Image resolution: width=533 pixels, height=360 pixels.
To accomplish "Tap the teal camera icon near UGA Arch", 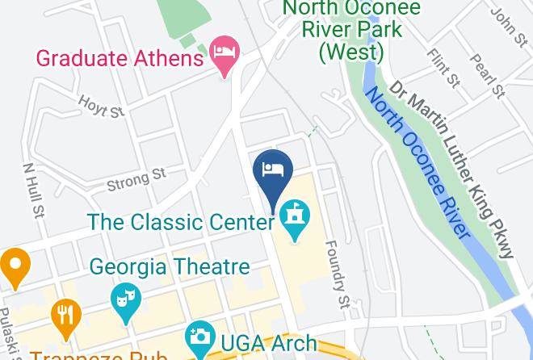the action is pyautogui.click(x=199, y=337).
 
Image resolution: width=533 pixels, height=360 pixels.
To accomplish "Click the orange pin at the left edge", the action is pyautogui.click(x=15, y=267).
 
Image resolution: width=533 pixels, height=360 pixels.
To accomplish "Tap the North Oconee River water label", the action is pyautogui.click(x=417, y=162).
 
